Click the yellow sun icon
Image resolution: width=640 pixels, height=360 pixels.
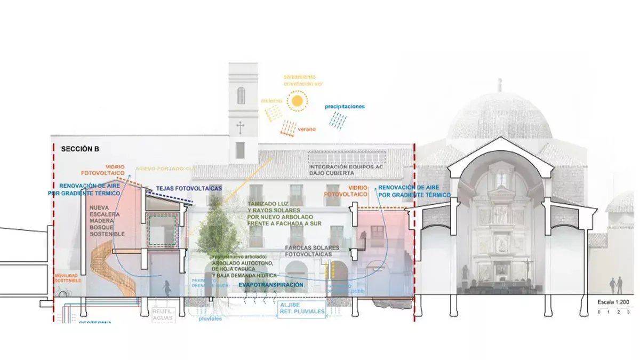click(x=297, y=101)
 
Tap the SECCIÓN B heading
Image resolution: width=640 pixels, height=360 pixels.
click(x=80, y=149)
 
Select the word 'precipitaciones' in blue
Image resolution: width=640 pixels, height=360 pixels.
click(x=345, y=107)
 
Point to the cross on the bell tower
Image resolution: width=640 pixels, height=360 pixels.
click(x=241, y=127)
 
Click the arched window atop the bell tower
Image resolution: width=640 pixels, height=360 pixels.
click(x=241, y=95)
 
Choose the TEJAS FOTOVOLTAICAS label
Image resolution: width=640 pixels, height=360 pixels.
click(x=189, y=189)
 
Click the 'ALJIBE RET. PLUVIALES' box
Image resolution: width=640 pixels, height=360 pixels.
click(x=301, y=309)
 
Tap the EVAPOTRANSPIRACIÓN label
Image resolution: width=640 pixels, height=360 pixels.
click(x=271, y=285)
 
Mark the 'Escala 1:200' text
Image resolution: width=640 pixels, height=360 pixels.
click(x=613, y=302)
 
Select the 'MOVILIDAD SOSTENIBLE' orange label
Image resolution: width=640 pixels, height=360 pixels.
click(x=68, y=278)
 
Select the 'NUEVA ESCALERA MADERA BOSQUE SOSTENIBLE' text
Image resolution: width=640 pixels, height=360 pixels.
click(x=107, y=221)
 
